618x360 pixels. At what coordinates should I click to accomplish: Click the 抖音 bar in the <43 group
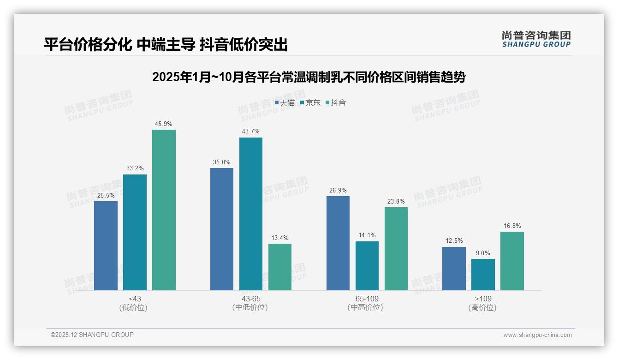164,210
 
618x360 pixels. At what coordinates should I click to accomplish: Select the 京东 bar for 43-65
250,214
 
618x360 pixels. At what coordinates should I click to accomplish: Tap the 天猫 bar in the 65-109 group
338,243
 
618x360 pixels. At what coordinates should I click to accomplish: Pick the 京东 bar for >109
483,275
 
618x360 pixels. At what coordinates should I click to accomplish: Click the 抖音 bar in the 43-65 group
280,267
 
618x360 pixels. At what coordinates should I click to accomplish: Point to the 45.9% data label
164,124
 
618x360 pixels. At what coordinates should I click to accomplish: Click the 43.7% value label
250,132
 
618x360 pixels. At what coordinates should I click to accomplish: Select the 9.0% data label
483,253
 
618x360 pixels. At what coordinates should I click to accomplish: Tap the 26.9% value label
338,190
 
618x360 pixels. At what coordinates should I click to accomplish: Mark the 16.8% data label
512,226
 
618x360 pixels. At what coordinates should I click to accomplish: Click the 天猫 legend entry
285,103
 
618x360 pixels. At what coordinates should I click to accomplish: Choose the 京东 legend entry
310,103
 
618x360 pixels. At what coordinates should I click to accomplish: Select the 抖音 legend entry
336,103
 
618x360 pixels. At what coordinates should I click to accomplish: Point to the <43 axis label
135,299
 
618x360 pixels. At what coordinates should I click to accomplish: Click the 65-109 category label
367,299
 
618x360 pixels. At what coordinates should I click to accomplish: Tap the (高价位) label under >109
482,307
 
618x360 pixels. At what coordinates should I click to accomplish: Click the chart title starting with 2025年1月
309,77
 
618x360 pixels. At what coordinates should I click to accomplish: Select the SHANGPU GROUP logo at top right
536,39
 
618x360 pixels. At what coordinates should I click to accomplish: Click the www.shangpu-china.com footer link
537,335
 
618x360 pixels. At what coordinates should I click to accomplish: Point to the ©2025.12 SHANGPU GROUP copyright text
92,335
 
